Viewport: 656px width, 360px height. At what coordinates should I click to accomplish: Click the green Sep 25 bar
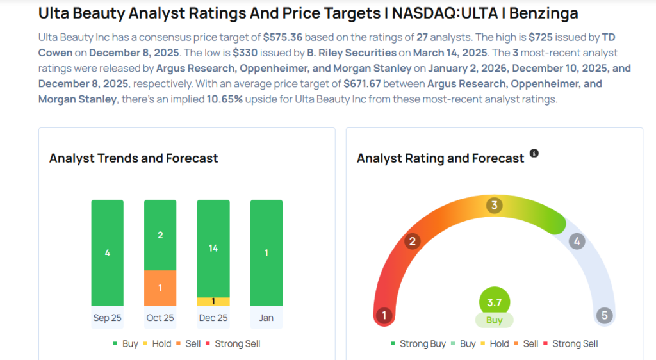[107, 252]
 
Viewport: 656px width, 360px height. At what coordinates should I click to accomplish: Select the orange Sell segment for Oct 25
[160, 288]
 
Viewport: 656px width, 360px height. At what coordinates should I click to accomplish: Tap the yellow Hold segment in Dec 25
[213, 302]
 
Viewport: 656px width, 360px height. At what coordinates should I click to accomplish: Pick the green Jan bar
[266, 252]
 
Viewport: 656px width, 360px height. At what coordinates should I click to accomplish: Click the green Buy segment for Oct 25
[160, 235]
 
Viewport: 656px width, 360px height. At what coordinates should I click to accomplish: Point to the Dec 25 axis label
[213, 318]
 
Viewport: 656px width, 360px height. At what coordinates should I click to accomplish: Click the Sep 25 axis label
[107, 318]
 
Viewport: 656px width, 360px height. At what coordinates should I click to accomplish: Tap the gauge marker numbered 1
[384, 315]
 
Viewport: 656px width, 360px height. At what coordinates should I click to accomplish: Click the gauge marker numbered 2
[413, 241]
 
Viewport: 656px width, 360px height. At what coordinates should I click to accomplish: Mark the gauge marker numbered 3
[494, 206]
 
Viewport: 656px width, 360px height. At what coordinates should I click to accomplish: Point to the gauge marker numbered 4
[577, 241]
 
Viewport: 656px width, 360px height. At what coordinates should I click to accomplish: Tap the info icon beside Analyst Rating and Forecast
[534, 154]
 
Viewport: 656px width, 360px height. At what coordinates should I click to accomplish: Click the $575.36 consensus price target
[283, 38]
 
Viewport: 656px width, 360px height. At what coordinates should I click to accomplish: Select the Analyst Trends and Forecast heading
[134, 158]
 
